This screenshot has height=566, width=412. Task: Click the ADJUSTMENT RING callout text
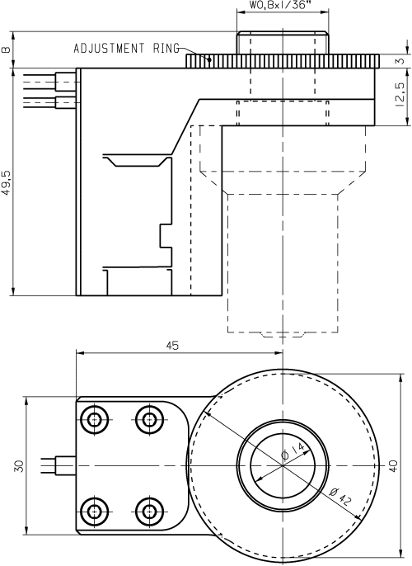tap(125, 48)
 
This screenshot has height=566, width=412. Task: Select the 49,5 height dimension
tap(7, 182)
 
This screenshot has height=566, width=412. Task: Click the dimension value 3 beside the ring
tap(400, 61)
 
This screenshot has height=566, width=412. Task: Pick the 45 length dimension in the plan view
tap(173, 346)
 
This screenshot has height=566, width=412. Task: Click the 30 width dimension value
tap(19, 465)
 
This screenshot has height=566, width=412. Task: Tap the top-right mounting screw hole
tap(149, 420)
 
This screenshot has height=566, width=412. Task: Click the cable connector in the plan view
tap(63, 465)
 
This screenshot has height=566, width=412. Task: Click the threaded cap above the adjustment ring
tap(282, 42)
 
